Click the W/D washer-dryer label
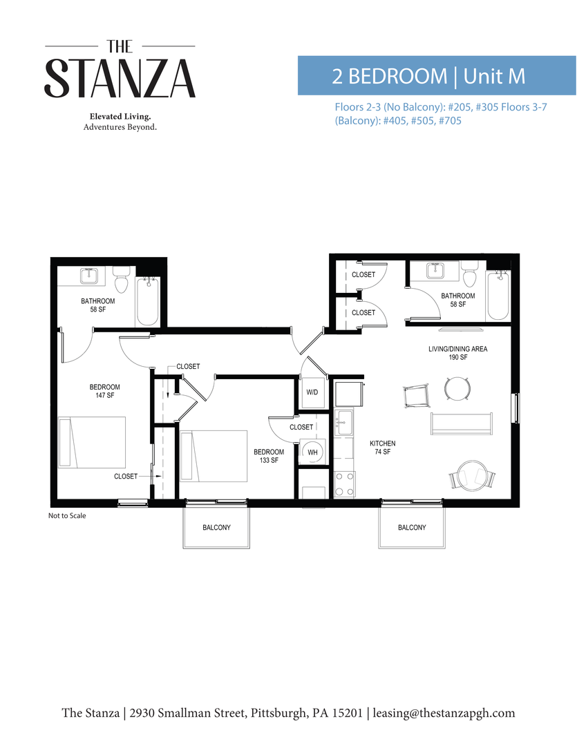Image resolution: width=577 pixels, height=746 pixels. [x=312, y=392]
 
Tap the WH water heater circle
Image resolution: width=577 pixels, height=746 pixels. [x=312, y=452]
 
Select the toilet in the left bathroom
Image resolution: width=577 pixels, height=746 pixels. [x=122, y=283]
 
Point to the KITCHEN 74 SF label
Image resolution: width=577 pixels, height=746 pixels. [x=382, y=447]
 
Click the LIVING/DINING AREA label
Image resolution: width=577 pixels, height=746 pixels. [x=457, y=353]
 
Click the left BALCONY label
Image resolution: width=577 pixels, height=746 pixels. [x=216, y=527]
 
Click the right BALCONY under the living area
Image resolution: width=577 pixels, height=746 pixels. [x=412, y=527]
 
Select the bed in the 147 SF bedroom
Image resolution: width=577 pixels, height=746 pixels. [x=92, y=442]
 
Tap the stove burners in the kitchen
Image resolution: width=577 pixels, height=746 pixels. [x=343, y=484]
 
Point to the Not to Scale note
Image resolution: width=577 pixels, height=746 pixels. [x=67, y=515]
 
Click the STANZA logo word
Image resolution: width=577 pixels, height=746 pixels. [x=120, y=78]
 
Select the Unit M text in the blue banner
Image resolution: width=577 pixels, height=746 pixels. [x=495, y=76]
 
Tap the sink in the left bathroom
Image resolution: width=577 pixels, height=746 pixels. [x=91, y=277]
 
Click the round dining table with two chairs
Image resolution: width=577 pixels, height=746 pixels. [x=457, y=389]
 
